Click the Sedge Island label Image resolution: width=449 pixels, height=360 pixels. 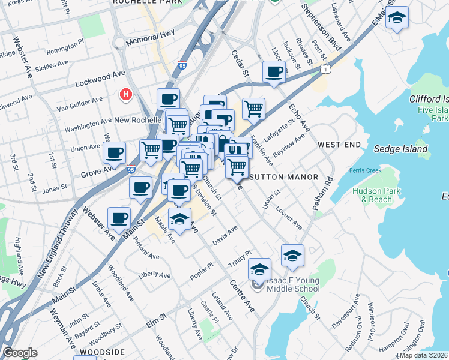tap(401, 148)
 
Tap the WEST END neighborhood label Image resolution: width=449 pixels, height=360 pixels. tap(339, 145)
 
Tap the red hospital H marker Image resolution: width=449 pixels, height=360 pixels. tap(126, 94)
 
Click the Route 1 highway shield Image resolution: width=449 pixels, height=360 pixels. tap(324, 70)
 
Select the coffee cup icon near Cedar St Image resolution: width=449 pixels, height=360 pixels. tap(274, 72)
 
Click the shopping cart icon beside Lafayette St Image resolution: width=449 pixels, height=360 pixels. tap(254, 109)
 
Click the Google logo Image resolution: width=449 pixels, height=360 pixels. tap(20, 353)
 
